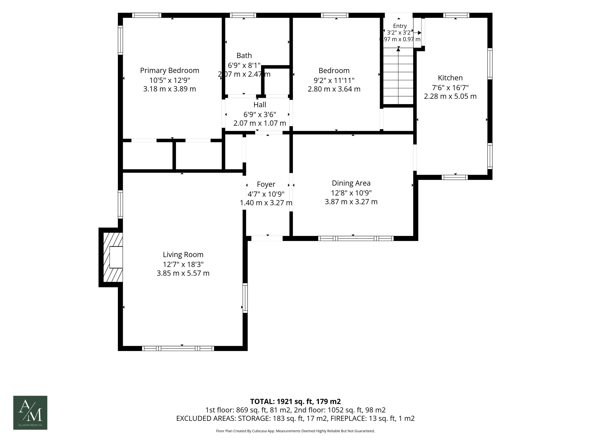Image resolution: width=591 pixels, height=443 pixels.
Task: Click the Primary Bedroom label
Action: [x=170, y=70]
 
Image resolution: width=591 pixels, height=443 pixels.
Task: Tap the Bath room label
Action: [x=244, y=56]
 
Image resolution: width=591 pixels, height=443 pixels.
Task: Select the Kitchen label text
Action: [x=450, y=78]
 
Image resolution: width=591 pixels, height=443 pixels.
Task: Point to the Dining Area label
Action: [x=351, y=183]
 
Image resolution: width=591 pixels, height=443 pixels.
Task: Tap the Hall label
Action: [x=260, y=105]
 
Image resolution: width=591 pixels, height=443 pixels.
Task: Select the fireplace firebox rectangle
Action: [x=116, y=257]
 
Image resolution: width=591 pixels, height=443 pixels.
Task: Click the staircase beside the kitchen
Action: [x=398, y=76]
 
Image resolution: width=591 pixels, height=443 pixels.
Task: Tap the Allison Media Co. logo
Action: [x=30, y=413]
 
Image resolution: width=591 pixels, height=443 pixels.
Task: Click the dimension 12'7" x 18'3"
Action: [x=183, y=264]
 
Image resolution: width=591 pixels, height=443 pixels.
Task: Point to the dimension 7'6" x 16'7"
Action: [x=450, y=88]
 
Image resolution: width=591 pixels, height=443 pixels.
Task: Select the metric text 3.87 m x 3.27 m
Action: [x=351, y=202]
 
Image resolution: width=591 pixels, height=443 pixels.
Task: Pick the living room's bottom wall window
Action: [x=178, y=348]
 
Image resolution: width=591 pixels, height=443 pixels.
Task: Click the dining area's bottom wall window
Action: [x=356, y=238]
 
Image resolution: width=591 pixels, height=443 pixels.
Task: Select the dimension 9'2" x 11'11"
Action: [x=334, y=80]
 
